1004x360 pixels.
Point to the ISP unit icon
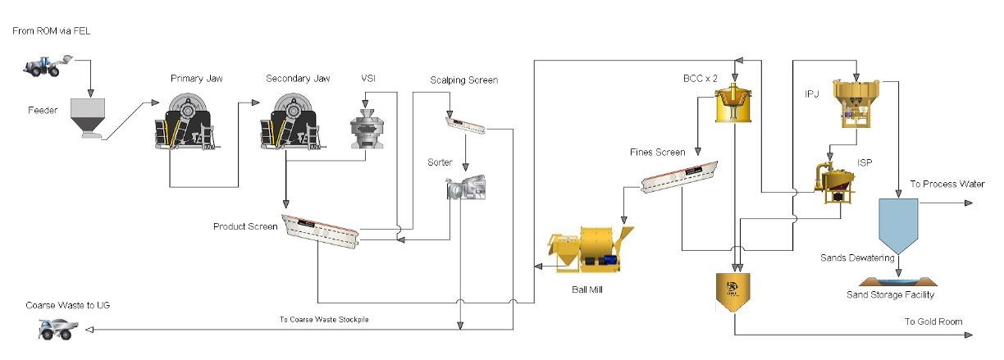pos(835,180)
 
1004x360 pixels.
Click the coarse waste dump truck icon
pos(59,329)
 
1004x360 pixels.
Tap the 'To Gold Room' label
pos(933,321)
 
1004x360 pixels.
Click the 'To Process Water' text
pos(947,184)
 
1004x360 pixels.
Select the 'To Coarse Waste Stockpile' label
pos(323,319)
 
